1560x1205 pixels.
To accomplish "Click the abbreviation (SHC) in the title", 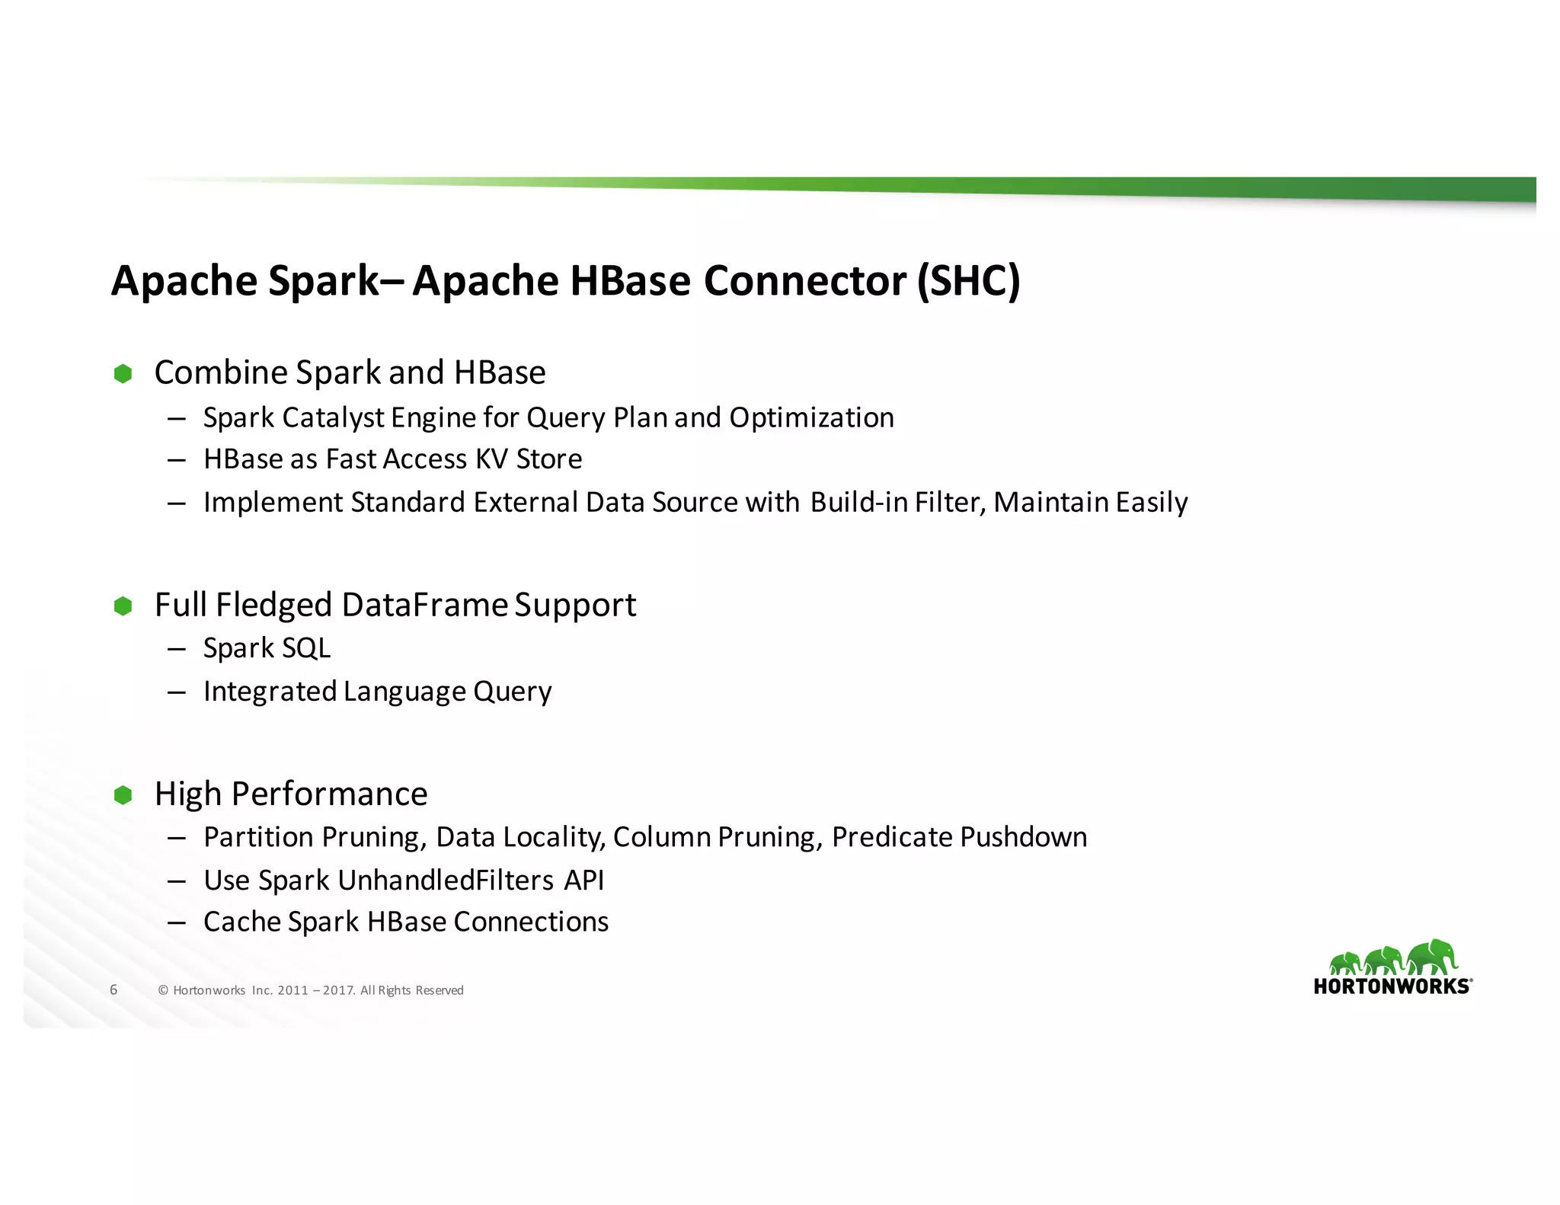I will click(968, 281).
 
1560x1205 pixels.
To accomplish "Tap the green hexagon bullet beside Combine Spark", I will click(123, 373).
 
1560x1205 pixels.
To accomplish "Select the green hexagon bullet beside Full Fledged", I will click(123, 606).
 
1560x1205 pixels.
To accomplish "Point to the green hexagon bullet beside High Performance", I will click(123, 795).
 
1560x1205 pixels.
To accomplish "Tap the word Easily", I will click(1152, 503).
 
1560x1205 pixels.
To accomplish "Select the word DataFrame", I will click(424, 606).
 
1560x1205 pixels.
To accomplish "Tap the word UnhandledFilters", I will click(446, 881).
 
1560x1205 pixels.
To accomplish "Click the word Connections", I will click(531, 922).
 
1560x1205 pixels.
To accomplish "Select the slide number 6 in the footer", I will click(113, 989).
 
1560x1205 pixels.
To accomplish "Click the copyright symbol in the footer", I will click(163, 990).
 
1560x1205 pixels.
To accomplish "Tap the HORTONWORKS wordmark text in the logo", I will click(1392, 987).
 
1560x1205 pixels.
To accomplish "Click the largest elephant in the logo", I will click(1432, 956).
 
